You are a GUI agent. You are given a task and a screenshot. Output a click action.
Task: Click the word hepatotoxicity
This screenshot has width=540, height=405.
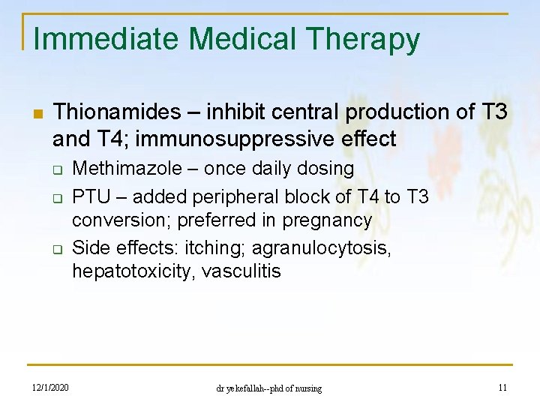127,271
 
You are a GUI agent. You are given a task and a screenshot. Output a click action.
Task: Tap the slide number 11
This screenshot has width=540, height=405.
502,388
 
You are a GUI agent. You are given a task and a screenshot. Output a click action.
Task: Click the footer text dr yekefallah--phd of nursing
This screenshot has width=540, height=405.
268,388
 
